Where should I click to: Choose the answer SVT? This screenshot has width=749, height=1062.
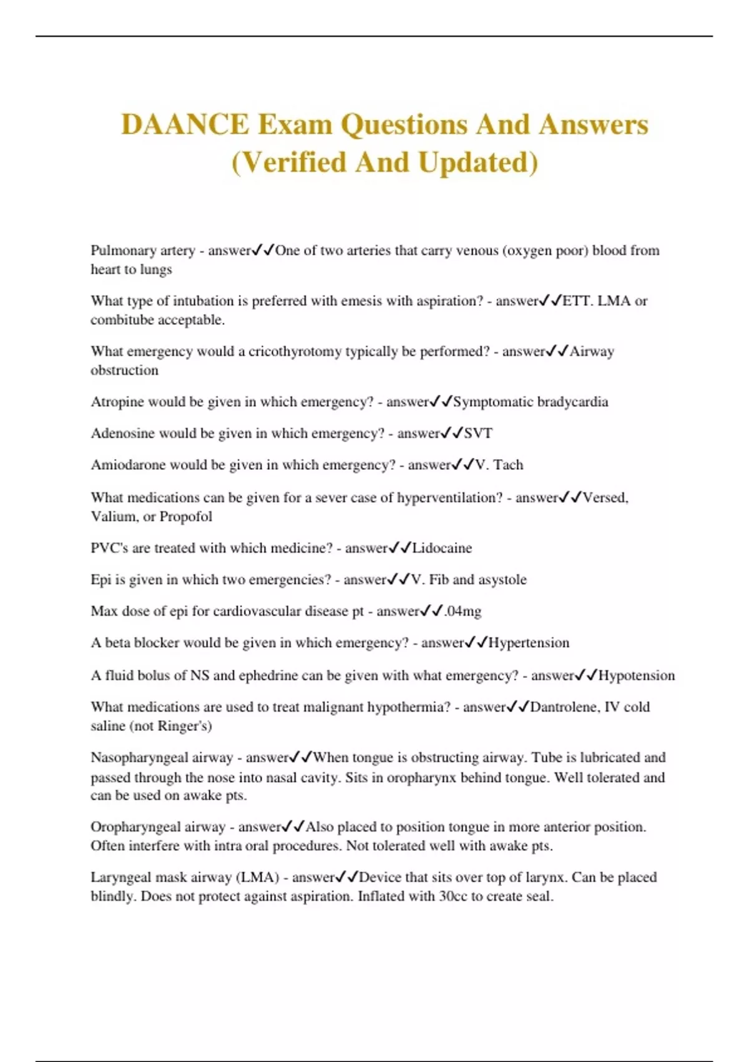[478, 433]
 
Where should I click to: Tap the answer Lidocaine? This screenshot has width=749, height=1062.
[442, 548]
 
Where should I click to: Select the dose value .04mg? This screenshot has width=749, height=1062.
[463, 611]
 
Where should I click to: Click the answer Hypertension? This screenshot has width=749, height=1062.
[529, 643]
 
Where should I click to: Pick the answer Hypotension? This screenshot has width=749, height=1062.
[637, 675]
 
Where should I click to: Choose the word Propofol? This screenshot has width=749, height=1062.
[185, 517]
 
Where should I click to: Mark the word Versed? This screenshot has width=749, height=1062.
[605, 498]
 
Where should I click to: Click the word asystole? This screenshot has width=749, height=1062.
[502, 580]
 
